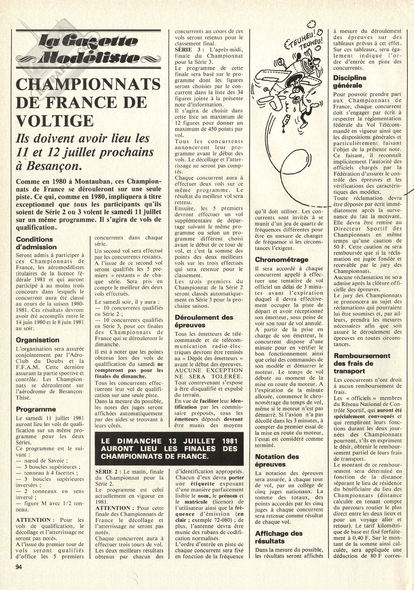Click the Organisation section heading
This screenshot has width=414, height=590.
[37, 340]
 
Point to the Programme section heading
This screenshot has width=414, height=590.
[36, 409]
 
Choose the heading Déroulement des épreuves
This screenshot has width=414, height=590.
[204, 321]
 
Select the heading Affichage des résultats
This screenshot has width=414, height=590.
[279, 537]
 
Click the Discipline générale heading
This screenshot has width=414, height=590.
[350, 81]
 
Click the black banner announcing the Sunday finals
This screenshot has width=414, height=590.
[169, 448]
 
